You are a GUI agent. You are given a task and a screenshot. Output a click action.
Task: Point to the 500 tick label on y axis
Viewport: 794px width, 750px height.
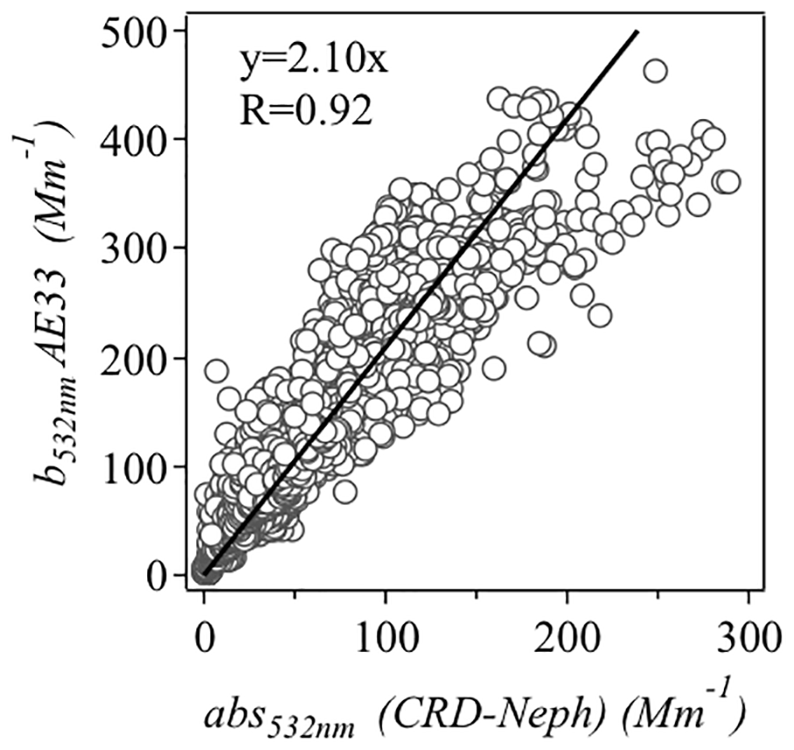click(141, 32)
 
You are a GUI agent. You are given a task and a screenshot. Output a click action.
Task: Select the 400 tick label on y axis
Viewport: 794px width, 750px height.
click(141, 140)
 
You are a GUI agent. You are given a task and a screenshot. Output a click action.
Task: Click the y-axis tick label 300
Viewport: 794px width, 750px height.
click(141, 249)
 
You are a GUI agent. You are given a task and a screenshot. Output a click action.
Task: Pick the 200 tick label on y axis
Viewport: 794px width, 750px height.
click(141, 357)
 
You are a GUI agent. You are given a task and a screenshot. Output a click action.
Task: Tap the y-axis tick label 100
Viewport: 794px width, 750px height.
click(141, 466)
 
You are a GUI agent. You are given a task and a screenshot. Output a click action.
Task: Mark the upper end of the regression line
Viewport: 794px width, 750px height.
click(637, 32)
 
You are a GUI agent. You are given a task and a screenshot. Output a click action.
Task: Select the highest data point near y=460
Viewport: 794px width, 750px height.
click(655, 71)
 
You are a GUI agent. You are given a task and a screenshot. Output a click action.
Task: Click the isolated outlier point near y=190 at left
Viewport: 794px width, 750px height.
click(216, 371)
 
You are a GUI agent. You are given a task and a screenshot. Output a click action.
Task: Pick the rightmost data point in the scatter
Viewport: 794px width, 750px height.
click(727, 182)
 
